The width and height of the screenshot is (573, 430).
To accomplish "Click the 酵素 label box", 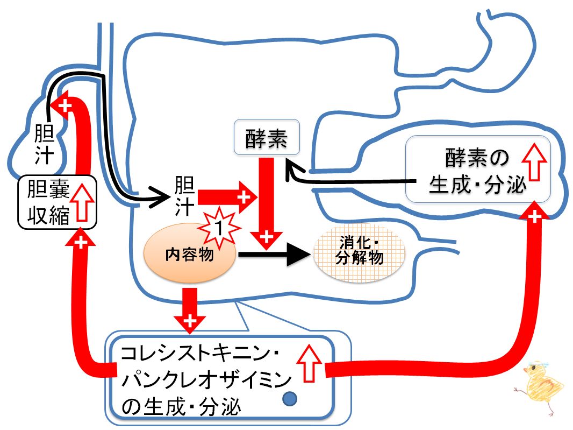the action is pyautogui.click(x=267, y=137).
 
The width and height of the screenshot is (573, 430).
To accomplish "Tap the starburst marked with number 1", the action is pyautogui.click(x=219, y=228).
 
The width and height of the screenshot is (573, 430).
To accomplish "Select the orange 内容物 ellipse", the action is pyautogui.click(x=190, y=253).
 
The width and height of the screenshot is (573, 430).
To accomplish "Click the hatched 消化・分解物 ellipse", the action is pyautogui.click(x=360, y=253).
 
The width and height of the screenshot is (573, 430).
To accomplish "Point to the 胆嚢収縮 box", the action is pyautogui.click(x=57, y=202).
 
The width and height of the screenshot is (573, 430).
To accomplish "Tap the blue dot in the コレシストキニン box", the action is pyautogui.click(x=290, y=399).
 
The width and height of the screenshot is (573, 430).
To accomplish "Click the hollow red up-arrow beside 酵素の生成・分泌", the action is pyautogui.click(x=534, y=161).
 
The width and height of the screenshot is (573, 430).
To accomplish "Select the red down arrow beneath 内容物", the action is pyautogui.click(x=190, y=311).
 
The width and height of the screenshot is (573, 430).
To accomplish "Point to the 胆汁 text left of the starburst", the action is pyautogui.click(x=184, y=196).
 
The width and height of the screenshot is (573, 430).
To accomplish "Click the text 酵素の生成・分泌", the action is pyautogui.click(x=477, y=171).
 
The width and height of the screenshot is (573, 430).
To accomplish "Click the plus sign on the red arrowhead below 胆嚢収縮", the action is pyautogui.click(x=81, y=242).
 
